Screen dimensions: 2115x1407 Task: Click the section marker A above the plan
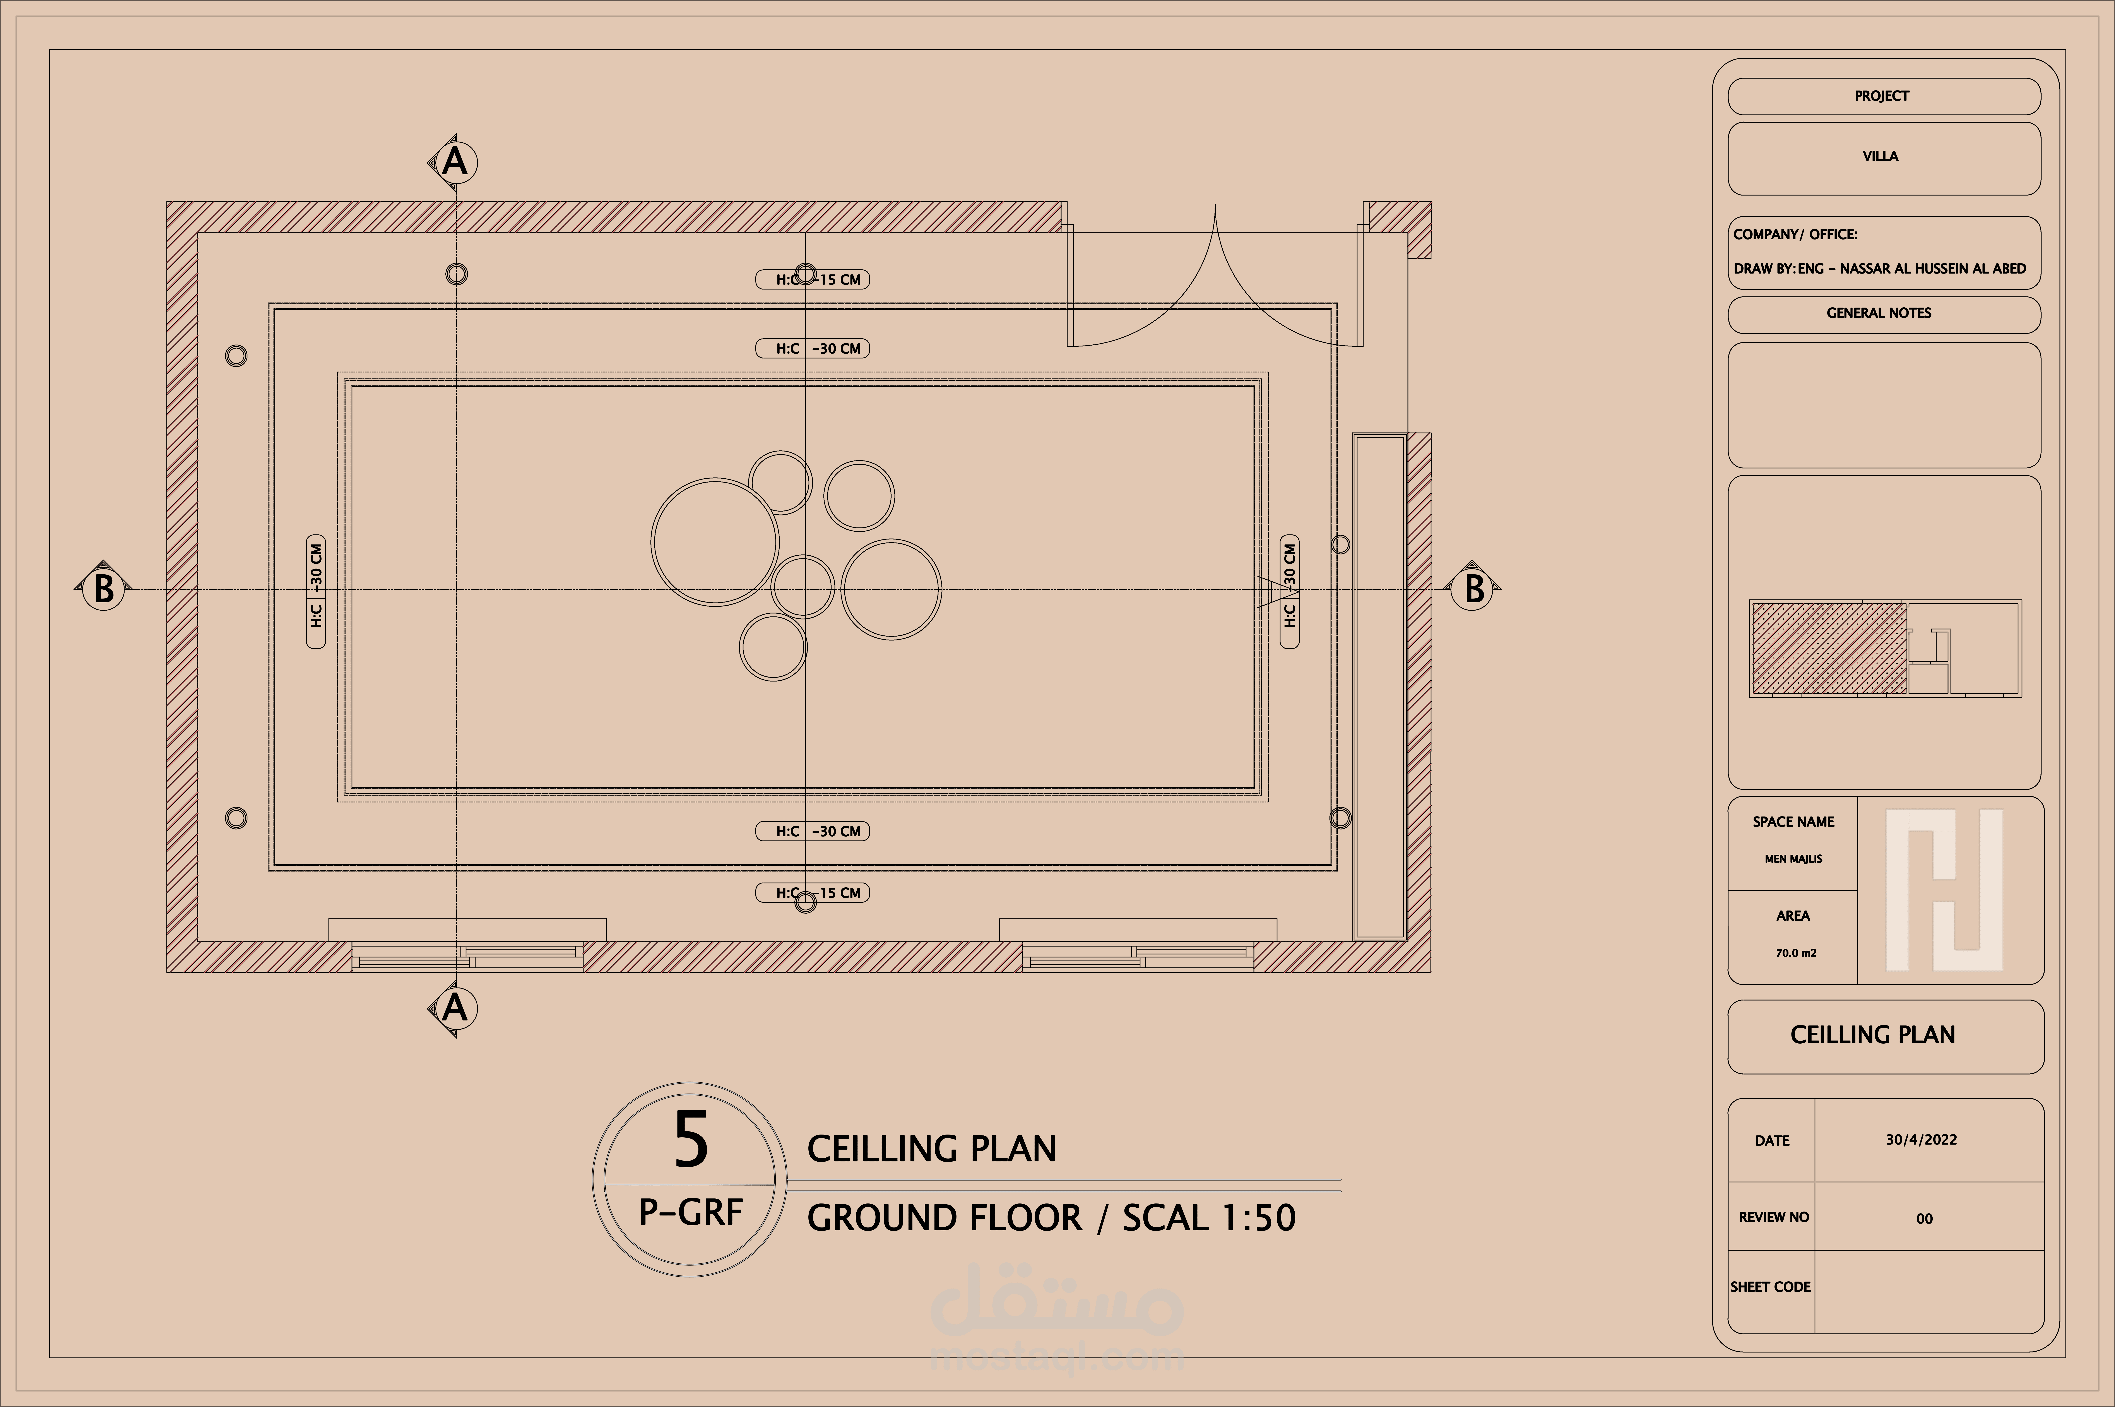coord(454,161)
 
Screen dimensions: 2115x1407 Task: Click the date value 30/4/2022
coord(1921,1140)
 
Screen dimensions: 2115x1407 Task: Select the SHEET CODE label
coord(1770,1287)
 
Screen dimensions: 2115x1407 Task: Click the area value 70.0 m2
coord(1796,953)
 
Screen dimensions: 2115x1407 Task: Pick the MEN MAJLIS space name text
coord(1793,859)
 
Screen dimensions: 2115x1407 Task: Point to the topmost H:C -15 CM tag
coord(812,279)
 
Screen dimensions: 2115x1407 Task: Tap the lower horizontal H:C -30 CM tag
coord(812,831)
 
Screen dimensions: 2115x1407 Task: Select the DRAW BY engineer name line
coord(1879,268)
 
